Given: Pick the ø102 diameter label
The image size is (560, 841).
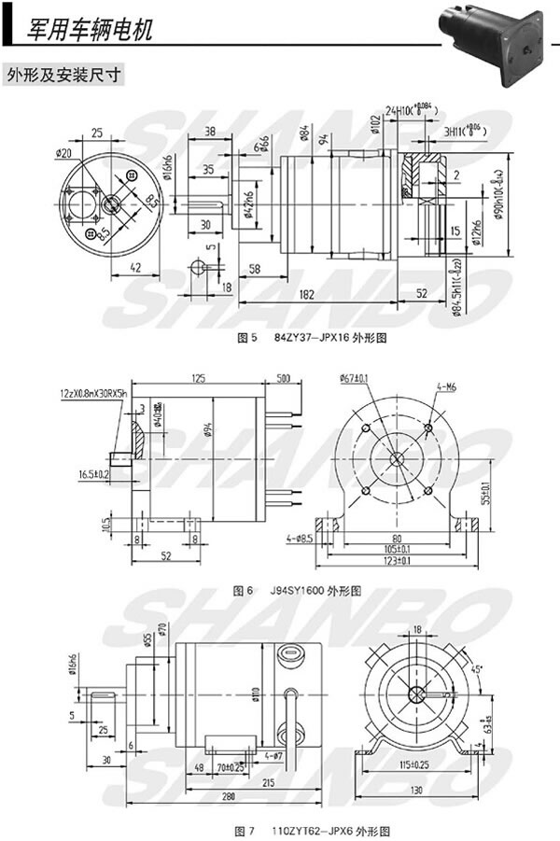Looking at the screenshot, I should (x=375, y=128).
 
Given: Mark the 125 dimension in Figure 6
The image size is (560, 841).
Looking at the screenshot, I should (x=197, y=378).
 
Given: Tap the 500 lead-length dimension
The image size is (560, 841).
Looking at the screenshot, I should (x=284, y=378).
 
